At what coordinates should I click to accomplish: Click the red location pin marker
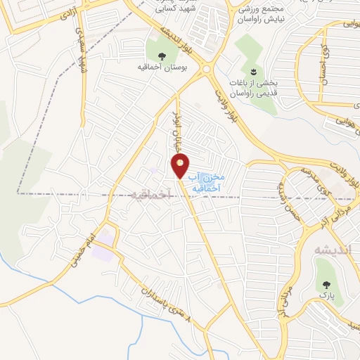(181, 166)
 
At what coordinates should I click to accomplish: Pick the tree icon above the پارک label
(326, 285)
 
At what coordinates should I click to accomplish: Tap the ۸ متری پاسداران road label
(168, 304)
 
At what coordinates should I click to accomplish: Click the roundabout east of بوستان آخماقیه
(207, 70)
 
